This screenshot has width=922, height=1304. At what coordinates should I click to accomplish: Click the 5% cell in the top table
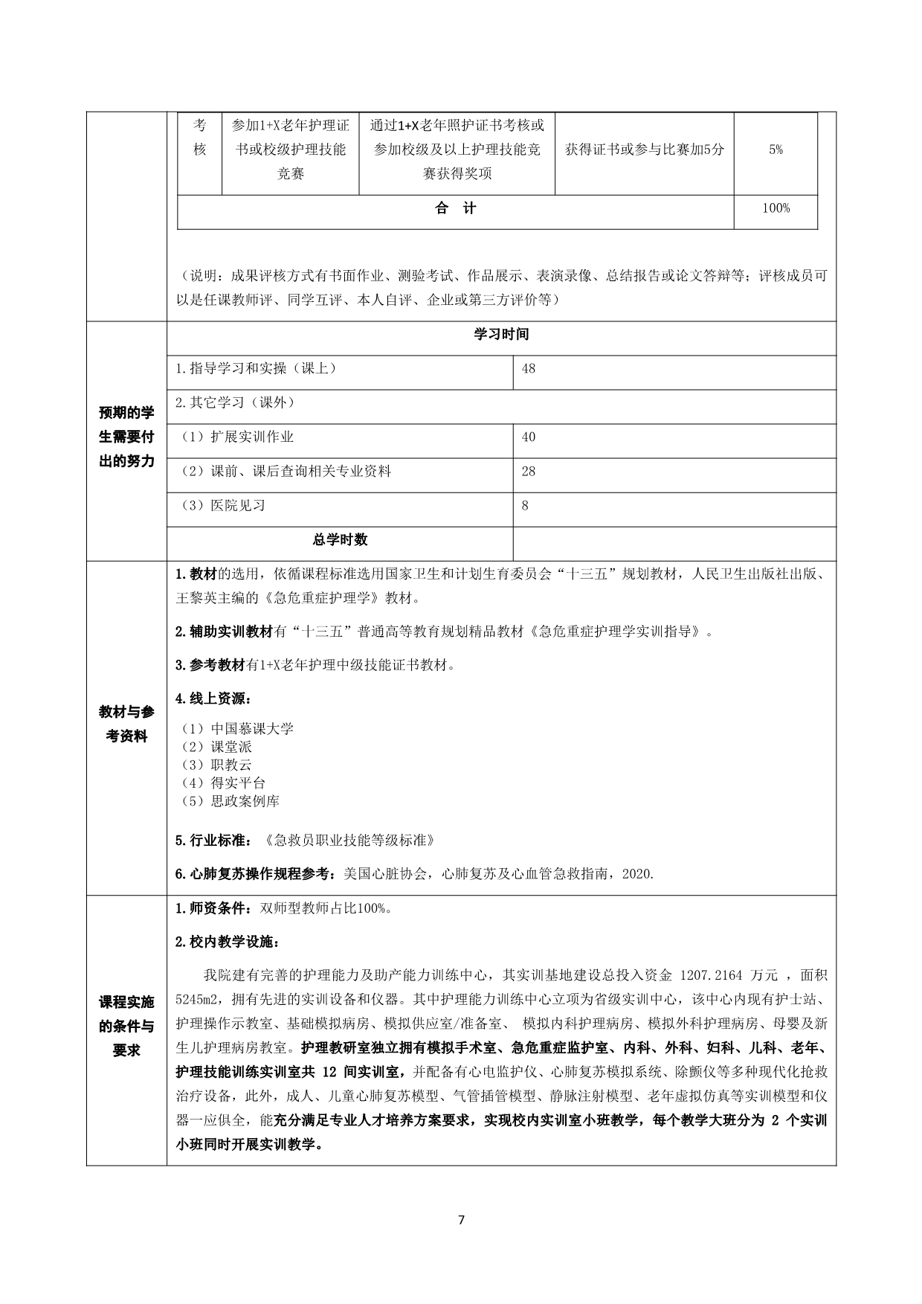click(776, 150)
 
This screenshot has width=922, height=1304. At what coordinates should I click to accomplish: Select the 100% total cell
click(776, 208)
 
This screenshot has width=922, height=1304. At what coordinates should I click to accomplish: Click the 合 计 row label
click(456, 208)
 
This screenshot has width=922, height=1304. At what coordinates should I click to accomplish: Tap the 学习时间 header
click(502, 334)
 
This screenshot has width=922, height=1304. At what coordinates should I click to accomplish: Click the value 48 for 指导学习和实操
click(529, 369)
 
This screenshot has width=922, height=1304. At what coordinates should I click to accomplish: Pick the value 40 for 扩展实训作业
click(529, 437)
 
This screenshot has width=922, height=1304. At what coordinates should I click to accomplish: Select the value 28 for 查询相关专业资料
click(529, 472)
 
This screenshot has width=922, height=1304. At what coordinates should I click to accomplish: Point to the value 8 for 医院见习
click(526, 506)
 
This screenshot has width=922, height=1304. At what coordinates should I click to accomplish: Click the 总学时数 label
click(340, 540)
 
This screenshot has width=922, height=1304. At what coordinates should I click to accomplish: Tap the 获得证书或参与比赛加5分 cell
click(644, 150)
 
